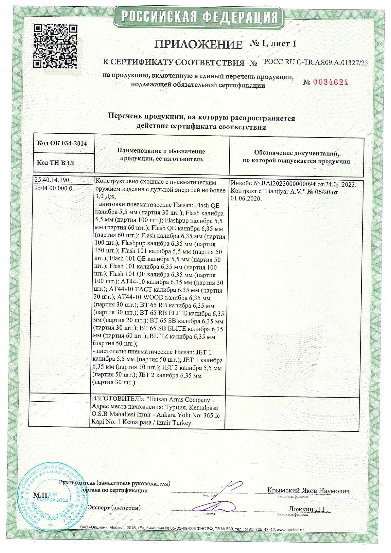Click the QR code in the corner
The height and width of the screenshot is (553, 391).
tap(55, 46)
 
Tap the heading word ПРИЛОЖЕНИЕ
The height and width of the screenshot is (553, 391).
tap(198, 44)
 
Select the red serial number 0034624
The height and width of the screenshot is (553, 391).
tap(330, 83)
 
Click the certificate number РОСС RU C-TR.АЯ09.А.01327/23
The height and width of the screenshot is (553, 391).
tap(316, 62)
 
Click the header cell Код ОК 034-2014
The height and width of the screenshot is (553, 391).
tap(62, 143)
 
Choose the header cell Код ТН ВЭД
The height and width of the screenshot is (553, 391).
tap(55, 163)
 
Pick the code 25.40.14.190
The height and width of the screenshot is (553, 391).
tap(52, 180)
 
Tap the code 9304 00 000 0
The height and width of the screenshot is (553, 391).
tap(53, 188)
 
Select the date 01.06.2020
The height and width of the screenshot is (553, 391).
tap(246, 199)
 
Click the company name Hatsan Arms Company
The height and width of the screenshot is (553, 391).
tap(180, 400)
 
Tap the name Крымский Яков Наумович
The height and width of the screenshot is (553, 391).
tap(308, 491)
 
